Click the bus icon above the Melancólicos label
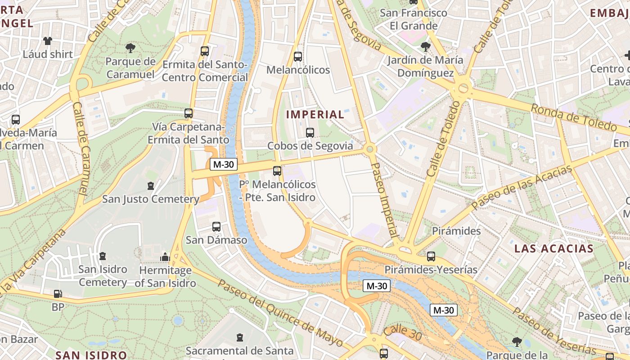click(297, 57)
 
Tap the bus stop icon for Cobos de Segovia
click(310, 132)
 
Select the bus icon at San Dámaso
click(216, 227)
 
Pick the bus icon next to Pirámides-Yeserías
click(431, 256)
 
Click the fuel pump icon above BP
click(58, 294)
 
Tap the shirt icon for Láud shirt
click(48, 41)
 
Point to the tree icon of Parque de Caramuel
click(130, 47)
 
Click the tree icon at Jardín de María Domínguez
click(425, 46)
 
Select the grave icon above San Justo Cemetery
click(151, 185)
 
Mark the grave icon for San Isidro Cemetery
click(103, 256)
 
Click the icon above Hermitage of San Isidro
click(165, 257)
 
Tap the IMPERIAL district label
click(315, 115)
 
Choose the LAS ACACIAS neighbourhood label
click(554, 248)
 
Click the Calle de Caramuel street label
click(81, 149)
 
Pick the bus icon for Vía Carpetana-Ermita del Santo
click(189, 113)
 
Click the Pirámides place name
click(456, 231)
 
